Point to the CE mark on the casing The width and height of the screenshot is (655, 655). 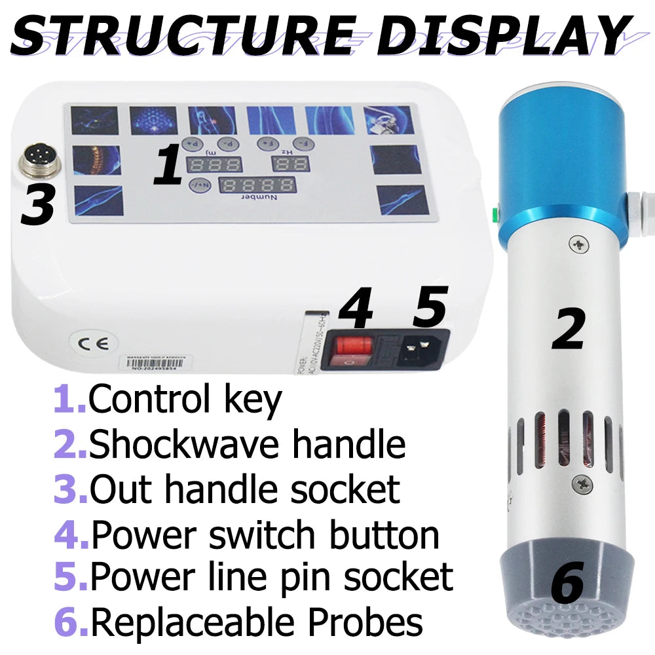point(86,342)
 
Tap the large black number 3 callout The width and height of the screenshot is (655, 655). point(37,204)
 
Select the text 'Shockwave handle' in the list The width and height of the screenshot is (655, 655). point(247,445)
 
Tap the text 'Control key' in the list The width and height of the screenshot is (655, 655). point(185,400)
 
